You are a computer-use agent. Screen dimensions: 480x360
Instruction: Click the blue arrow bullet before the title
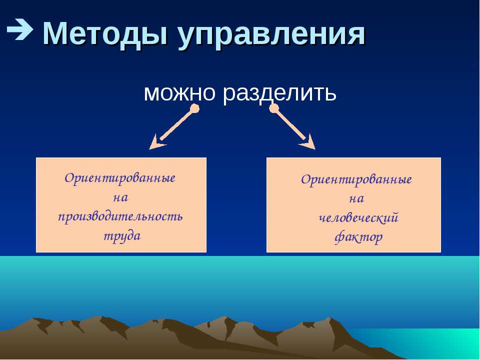click(19, 29)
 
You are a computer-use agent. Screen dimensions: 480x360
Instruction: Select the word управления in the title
click(271, 35)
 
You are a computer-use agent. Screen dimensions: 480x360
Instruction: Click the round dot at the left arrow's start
click(194, 108)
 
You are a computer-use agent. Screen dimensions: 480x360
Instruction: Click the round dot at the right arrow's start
click(274, 108)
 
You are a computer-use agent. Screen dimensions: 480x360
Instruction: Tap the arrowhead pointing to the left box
click(156, 142)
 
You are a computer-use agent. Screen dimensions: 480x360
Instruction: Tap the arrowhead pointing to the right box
click(308, 142)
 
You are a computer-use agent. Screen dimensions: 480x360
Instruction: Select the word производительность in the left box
click(120, 216)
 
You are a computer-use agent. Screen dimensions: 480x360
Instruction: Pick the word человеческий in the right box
click(358, 218)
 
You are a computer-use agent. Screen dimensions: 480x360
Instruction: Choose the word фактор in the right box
click(358, 237)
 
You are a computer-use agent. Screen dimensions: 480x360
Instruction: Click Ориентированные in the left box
click(120, 178)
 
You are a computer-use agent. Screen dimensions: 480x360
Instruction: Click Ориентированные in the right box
click(356, 179)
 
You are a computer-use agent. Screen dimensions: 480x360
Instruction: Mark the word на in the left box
click(120, 198)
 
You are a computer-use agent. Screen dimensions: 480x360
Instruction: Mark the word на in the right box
click(356, 199)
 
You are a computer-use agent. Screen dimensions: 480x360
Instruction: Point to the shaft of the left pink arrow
click(177, 125)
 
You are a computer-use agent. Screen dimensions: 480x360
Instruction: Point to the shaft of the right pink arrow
click(290, 124)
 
